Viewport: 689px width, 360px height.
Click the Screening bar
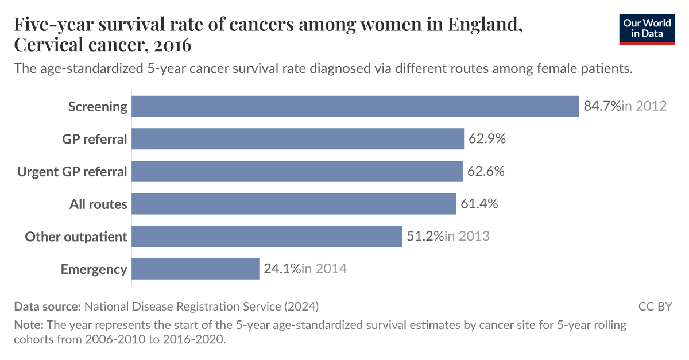[x=355, y=106]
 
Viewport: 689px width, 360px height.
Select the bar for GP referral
[x=297, y=139]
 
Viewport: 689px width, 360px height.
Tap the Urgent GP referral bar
[x=297, y=171]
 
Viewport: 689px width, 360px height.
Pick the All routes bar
[x=294, y=204]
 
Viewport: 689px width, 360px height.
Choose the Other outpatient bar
[x=267, y=236]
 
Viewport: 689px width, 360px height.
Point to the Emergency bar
[x=195, y=269]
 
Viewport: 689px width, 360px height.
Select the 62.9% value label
[x=486, y=139]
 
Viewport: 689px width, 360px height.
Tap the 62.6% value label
[x=485, y=171]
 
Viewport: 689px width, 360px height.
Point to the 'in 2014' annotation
[x=324, y=269]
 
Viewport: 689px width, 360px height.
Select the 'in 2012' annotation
[x=644, y=106]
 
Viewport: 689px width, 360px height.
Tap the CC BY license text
[x=655, y=306]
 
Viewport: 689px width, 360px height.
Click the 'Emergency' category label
[x=94, y=269]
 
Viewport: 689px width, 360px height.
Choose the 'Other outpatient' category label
[x=76, y=236]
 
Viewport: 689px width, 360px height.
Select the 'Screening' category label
[x=98, y=106]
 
